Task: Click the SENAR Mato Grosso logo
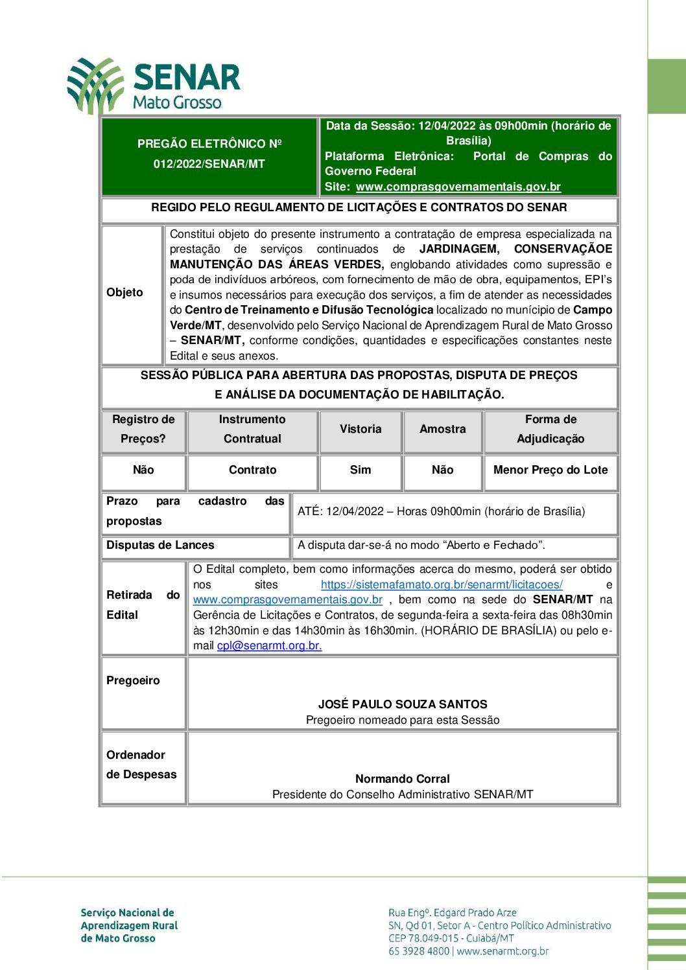point(154,86)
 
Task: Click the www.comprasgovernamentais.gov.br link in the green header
point(458,187)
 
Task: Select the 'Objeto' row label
point(124,293)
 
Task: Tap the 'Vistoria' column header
point(361,429)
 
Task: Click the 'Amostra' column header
point(442,429)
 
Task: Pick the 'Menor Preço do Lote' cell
point(550,470)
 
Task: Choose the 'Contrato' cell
point(252,470)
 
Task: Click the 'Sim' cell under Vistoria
point(361,470)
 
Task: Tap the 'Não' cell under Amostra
point(442,470)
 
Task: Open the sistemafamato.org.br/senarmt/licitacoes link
point(442,584)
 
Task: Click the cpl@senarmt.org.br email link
point(269,645)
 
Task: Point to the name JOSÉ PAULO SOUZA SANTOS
point(403,704)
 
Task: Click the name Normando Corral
point(403,779)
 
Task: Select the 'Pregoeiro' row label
point(133,680)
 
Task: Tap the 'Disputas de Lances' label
point(160,546)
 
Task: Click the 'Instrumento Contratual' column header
point(252,429)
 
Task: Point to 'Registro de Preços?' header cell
point(143,429)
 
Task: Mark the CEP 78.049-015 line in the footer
point(451,938)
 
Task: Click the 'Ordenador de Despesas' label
point(141,765)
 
